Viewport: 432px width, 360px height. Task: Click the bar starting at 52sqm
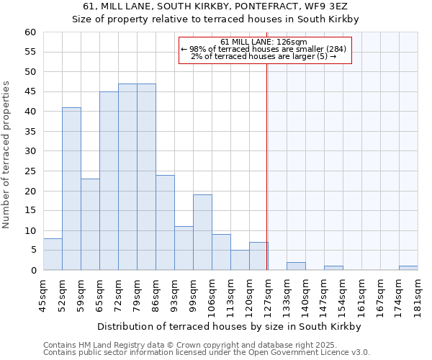(71, 189)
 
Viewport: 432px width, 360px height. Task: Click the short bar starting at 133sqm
(296, 266)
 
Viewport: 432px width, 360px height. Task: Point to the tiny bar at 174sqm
(408, 268)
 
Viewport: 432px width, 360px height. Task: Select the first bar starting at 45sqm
(53, 254)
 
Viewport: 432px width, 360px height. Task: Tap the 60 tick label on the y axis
(30, 32)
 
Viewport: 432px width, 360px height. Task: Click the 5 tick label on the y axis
(32, 251)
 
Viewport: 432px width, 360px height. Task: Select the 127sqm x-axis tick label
(268, 294)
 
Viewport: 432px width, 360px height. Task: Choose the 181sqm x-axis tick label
(418, 294)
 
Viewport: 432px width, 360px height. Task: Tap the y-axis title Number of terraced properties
(6, 155)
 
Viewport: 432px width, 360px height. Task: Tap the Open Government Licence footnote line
(206, 353)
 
